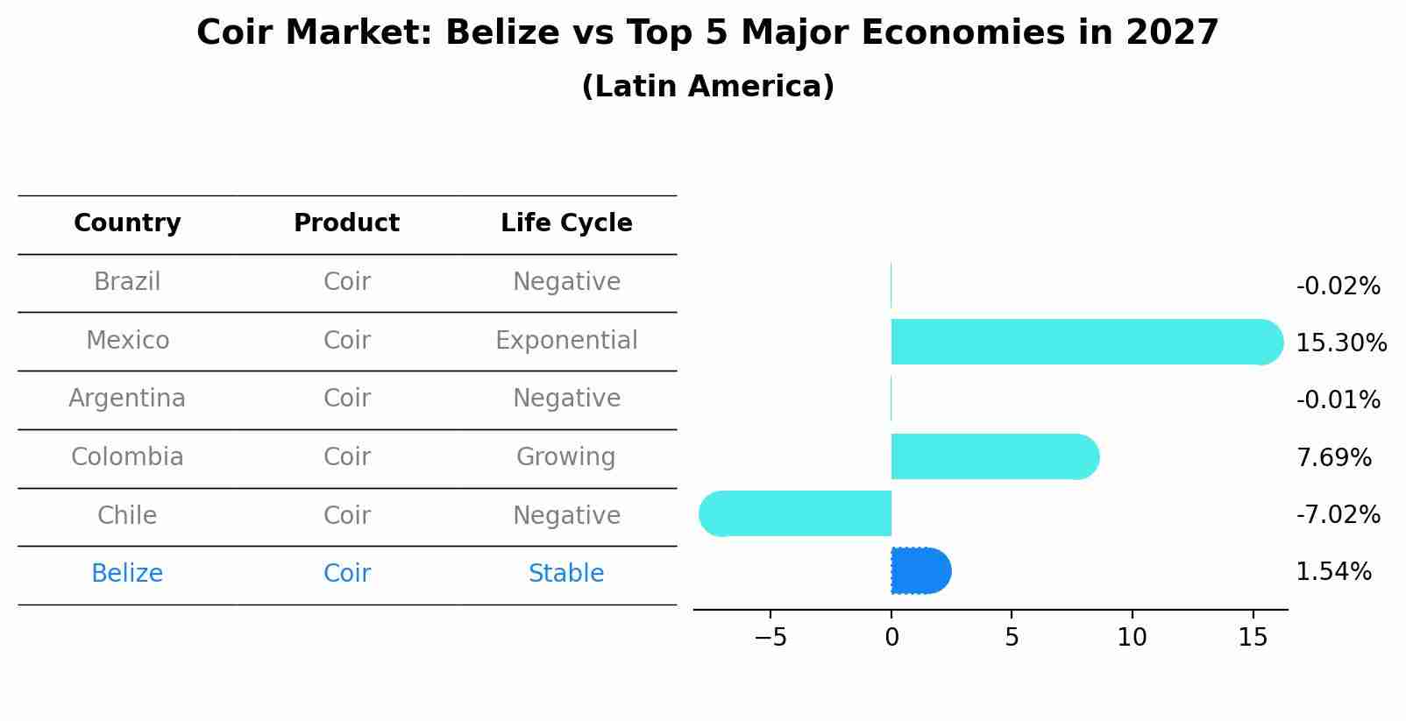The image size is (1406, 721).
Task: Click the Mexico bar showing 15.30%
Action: coord(1085,342)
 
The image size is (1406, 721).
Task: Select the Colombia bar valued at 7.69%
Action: coord(994,456)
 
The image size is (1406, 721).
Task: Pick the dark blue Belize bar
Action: coord(920,571)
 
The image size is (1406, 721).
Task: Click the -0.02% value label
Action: coord(1338,286)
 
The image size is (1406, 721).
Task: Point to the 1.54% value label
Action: coord(1333,572)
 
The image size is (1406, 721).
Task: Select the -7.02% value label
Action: coord(1338,514)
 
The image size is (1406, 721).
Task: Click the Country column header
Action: coord(127,223)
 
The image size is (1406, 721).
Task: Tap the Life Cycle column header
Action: coord(566,223)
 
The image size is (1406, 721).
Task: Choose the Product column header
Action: coord(346,223)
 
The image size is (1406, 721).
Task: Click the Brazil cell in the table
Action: coord(127,282)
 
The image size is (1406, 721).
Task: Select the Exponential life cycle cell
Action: coord(566,341)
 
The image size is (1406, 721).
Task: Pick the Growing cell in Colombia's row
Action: coord(566,457)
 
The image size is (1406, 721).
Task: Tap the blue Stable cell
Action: coord(566,574)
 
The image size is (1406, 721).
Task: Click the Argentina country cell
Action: coord(127,399)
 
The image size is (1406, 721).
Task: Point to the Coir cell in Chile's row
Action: coord(346,515)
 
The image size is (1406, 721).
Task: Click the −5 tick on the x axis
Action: coord(770,638)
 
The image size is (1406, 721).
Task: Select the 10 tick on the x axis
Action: coord(1132,638)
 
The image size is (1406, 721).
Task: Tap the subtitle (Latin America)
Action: coord(707,87)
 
